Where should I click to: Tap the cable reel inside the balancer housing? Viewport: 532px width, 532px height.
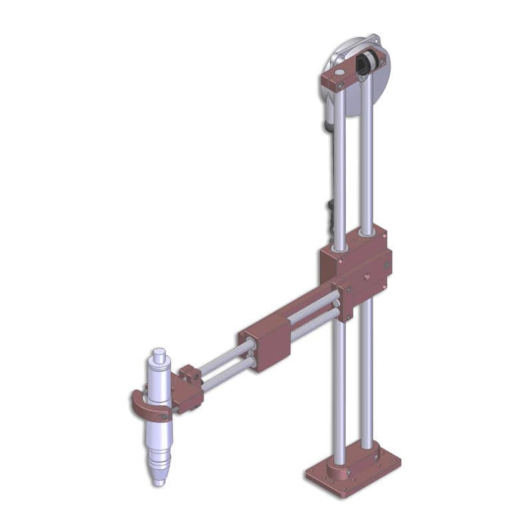point(364,65)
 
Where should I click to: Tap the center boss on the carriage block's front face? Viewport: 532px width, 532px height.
point(365,273)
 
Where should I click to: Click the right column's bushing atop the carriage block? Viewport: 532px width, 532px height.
point(366,233)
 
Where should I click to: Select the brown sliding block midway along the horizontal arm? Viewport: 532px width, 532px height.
point(267,343)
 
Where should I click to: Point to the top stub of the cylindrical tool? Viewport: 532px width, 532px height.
point(158,353)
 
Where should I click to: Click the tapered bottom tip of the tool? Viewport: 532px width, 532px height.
point(158,478)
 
